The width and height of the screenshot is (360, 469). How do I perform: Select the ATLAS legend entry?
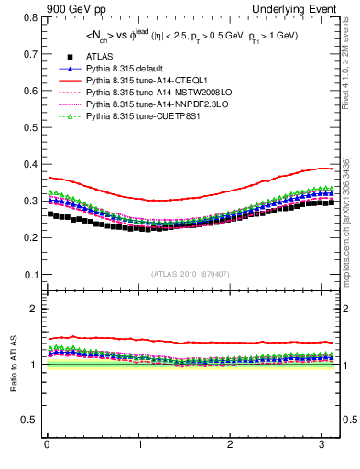100,58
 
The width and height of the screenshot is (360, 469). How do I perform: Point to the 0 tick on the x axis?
47,444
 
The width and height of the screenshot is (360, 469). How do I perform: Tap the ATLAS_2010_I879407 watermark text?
191,274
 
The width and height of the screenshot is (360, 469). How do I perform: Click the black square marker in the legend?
58,58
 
